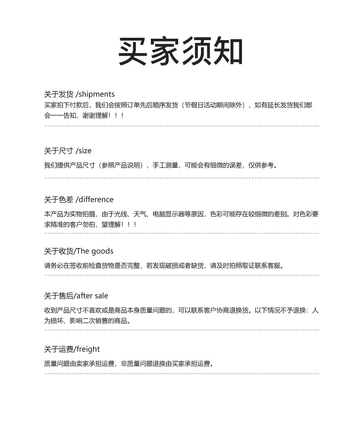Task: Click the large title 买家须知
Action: pos(180,52)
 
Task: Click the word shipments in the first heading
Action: pos(97,94)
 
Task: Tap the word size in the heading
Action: pos(85,151)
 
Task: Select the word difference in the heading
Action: pos(96,200)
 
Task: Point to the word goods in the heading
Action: pos(102,251)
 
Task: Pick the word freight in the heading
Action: pos(88,349)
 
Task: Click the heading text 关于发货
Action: pos(59,94)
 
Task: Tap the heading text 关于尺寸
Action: pos(59,151)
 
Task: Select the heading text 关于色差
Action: pos(59,200)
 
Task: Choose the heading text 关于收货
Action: pos(59,251)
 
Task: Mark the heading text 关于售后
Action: pos(59,296)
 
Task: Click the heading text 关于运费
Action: pos(59,349)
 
